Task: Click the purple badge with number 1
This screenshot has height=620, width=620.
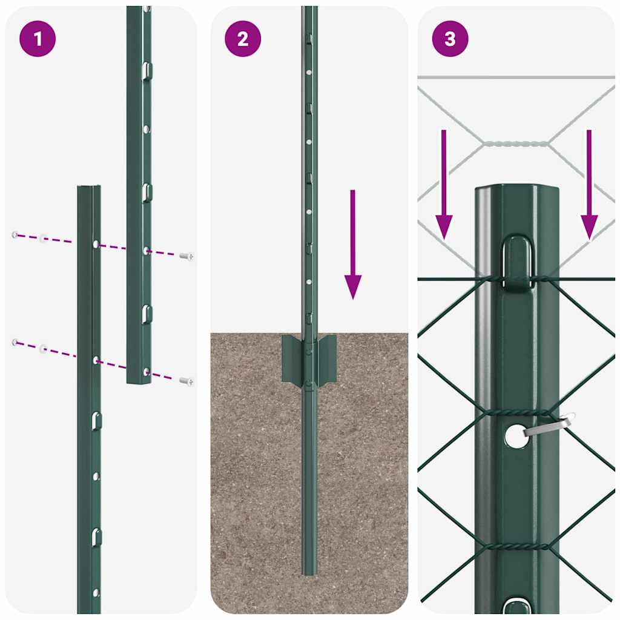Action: click(x=38, y=39)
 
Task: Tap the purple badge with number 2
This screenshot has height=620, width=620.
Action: click(x=243, y=39)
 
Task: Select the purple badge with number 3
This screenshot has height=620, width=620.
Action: click(x=450, y=39)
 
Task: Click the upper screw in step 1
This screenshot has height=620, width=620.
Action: click(x=186, y=256)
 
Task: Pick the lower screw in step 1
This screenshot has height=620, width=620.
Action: click(x=186, y=381)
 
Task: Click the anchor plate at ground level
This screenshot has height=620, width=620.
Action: click(x=309, y=357)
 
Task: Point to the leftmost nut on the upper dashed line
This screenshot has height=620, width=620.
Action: click(x=15, y=234)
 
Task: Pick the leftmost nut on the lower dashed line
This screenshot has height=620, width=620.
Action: click(x=15, y=343)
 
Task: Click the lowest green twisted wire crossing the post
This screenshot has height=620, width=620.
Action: click(x=516, y=546)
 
